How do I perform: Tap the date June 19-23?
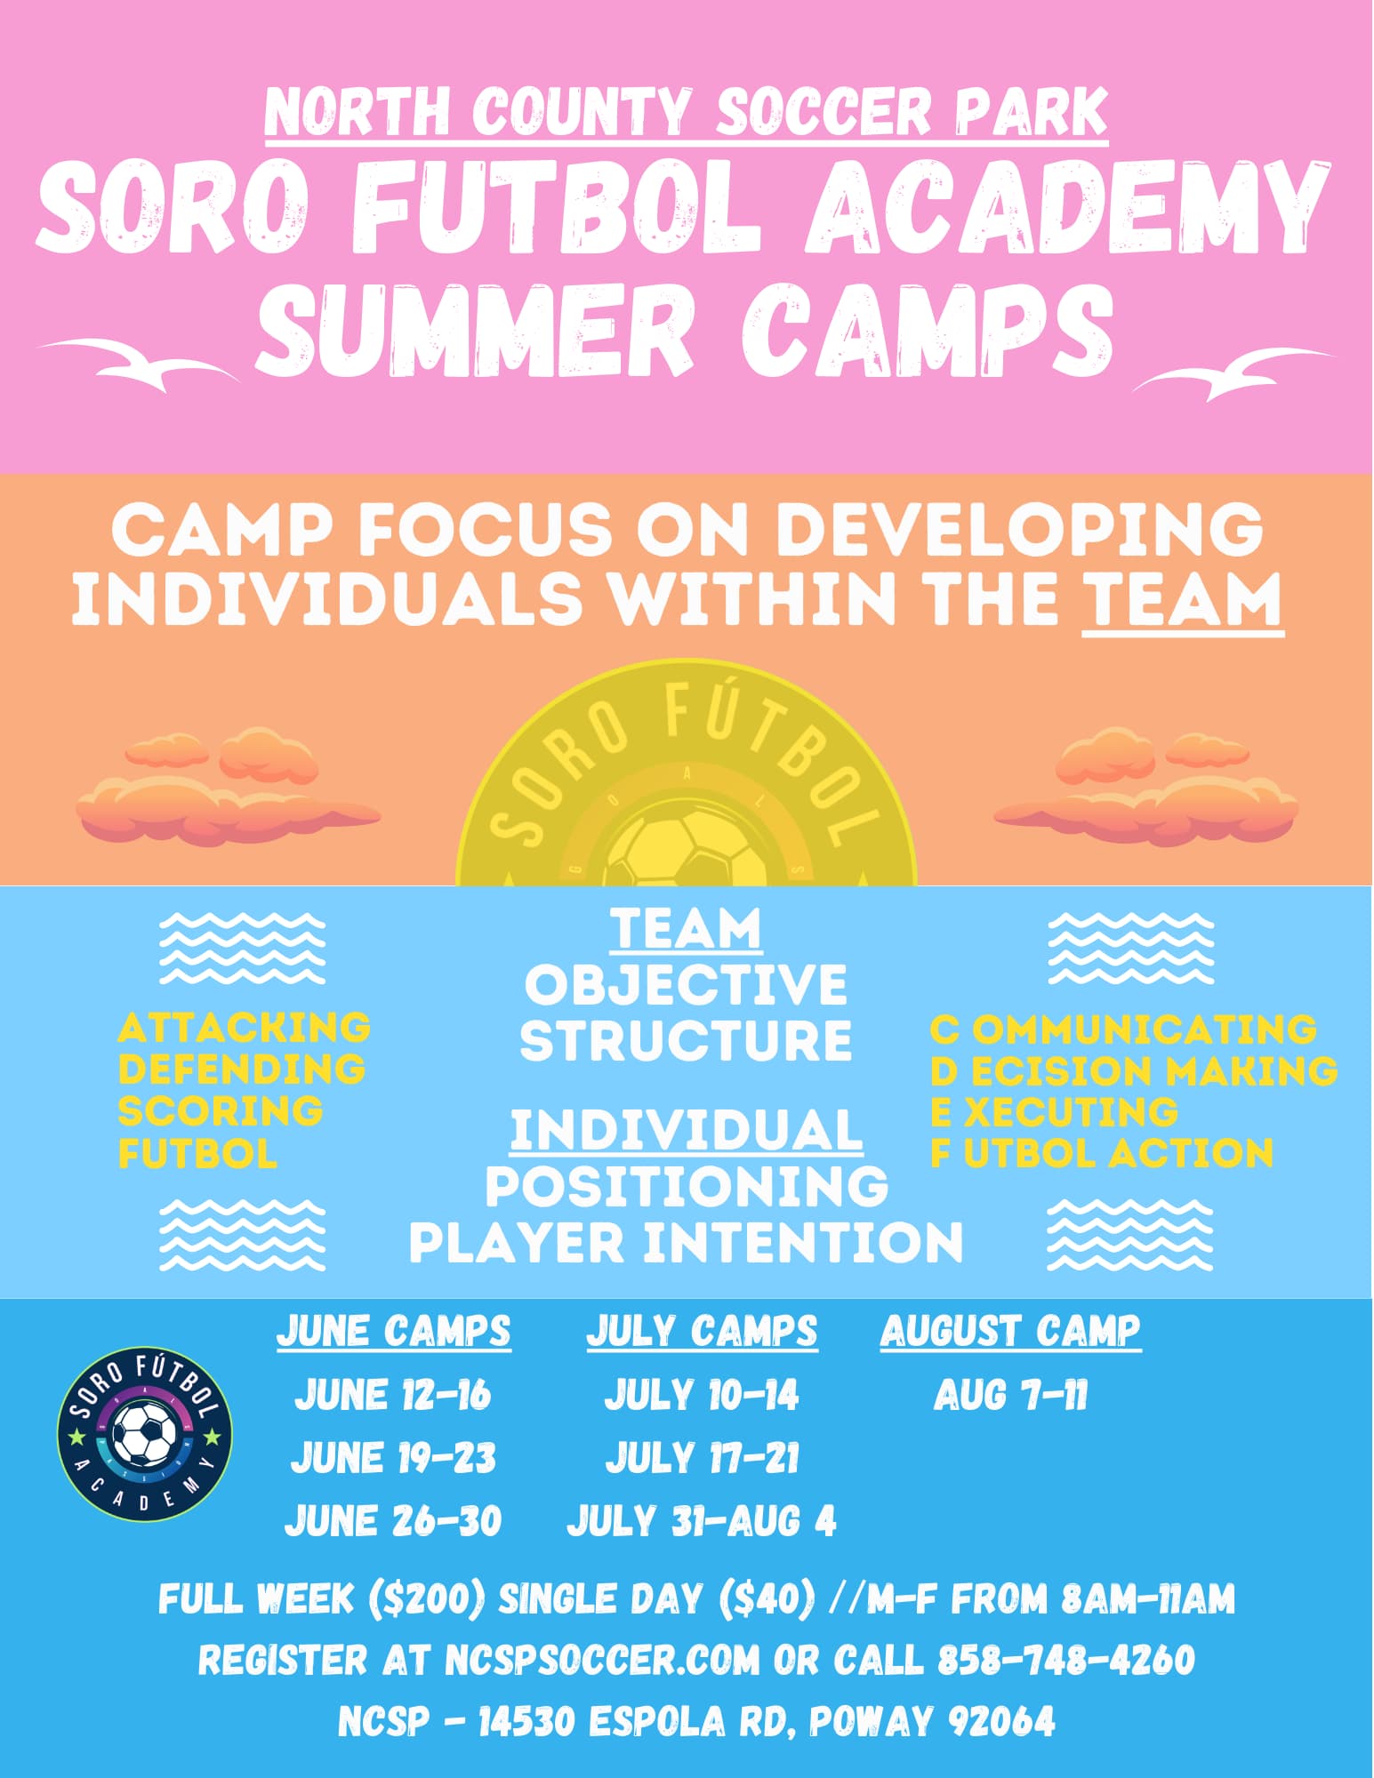393,1458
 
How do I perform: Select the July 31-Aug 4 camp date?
702,1520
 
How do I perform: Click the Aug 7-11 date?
1010,1395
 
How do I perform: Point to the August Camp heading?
1010,1332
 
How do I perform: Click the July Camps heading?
702,1332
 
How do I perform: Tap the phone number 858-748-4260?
1066,1660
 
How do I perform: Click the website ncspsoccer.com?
602,1660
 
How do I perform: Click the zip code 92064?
1001,1721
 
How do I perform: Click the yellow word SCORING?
221,1111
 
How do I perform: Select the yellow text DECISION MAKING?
1134,1071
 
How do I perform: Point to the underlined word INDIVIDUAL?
687,1131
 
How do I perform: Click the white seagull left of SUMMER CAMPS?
139,364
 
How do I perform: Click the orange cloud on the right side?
1145,787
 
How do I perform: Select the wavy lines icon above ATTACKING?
242,948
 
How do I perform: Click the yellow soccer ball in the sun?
687,853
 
